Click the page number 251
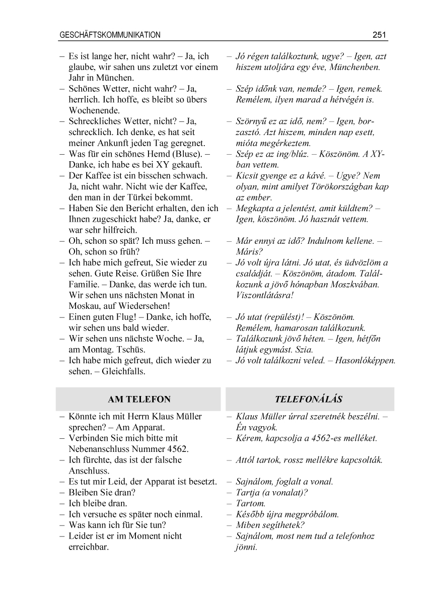tap(379, 35)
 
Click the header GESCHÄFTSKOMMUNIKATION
tap(110, 35)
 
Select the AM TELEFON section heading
tap(139, 400)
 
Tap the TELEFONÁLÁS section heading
tap(309, 400)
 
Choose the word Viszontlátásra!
tap(264, 295)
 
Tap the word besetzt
tap(201, 482)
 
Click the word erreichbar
tap(89, 547)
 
